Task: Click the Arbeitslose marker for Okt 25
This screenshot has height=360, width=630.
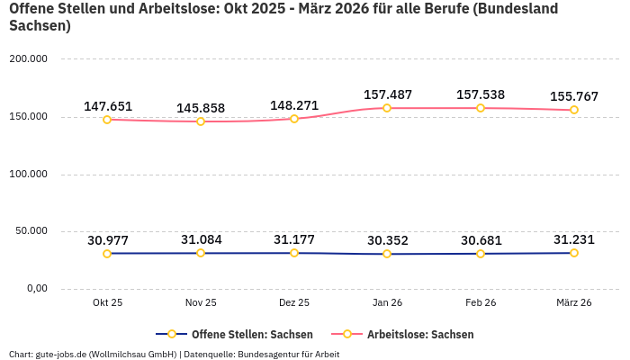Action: click(x=107, y=120)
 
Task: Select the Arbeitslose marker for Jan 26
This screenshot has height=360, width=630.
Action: click(x=387, y=108)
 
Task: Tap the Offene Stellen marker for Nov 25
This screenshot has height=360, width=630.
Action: click(x=201, y=253)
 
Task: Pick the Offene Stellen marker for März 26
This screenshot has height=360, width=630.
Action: click(x=574, y=253)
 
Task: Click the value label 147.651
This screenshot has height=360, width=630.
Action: click(x=108, y=106)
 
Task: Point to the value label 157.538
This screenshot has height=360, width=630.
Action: click(x=481, y=94)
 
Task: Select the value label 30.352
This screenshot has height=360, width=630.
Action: click(x=387, y=240)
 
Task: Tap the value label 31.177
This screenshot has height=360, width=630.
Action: click(x=294, y=239)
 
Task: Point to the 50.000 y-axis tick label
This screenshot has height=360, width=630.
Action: click(x=30, y=231)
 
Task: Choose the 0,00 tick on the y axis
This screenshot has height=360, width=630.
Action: click(x=36, y=289)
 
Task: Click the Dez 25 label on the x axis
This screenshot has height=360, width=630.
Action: click(x=294, y=303)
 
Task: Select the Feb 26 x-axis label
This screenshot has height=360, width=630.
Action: click(x=481, y=303)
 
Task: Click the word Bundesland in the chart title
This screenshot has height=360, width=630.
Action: click(x=514, y=9)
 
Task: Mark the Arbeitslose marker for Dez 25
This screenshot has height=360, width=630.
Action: click(x=294, y=119)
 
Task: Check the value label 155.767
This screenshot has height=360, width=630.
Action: click(x=574, y=96)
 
